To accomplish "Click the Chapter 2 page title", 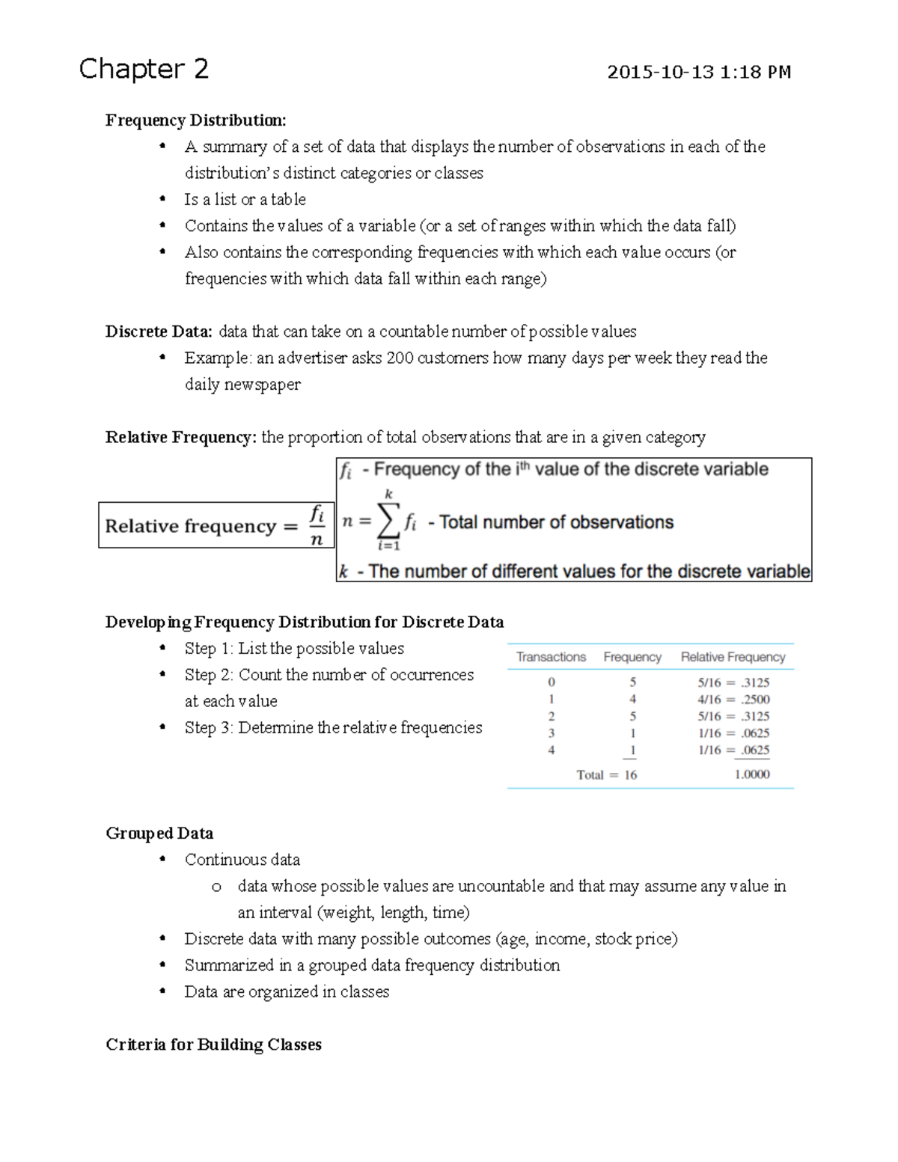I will click(x=144, y=69).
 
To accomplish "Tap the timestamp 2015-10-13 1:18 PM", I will click(x=698, y=73).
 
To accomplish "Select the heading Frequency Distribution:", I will click(x=195, y=120).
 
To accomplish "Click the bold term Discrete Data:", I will click(x=159, y=331).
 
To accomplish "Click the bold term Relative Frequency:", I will click(x=181, y=437).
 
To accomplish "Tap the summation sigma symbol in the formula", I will click(x=388, y=521).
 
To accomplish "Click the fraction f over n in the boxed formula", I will click(x=317, y=525).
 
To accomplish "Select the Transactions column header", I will click(x=551, y=657).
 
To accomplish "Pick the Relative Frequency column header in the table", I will click(x=733, y=657).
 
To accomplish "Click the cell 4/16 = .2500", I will click(x=733, y=700).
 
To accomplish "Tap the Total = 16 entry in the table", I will click(x=606, y=775).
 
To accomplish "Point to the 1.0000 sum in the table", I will click(x=751, y=775).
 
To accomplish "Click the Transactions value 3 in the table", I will click(x=552, y=733).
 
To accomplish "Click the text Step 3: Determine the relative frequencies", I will click(x=333, y=728).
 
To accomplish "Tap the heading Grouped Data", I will click(x=159, y=834).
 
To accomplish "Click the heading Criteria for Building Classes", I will click(x=213, y=1045).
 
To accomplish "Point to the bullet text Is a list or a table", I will click(x=245, y=200).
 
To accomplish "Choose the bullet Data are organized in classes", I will click(x=287, y=992).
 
